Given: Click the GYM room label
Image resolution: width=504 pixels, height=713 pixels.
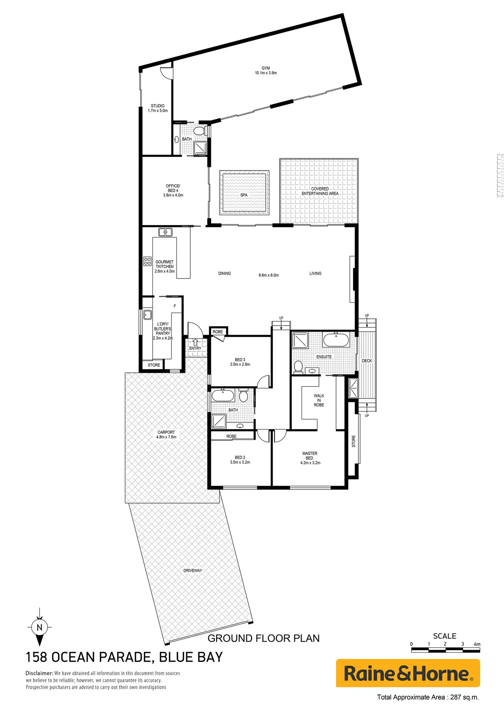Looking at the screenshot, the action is pyautogui.click(x=266, y=68).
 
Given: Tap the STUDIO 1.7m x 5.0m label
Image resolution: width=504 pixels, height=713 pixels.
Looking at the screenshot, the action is pyautogui.click(x=158, y=108).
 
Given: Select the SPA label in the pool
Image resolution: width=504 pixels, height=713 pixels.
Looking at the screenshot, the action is pyautogui.click(x=244, y=195).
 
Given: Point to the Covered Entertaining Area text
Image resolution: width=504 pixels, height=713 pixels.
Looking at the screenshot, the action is pyautogui.click(x=320, y=191).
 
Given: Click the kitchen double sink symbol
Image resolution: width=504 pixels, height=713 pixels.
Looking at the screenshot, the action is pyautogui.click(x=165, y=232).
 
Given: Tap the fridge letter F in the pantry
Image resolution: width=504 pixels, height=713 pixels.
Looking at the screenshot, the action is pyautogui.click(x=175, y=306).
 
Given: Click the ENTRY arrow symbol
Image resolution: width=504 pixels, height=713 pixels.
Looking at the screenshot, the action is pyautogui.click(x=195, y=342).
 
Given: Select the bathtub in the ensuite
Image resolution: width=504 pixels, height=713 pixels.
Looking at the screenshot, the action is pyautogui.click(x=336, y=340).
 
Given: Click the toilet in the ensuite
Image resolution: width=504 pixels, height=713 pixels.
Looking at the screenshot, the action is pyautogui.click(x=298, y=367).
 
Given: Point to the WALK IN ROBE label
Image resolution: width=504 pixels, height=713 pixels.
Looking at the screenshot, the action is pyautogui.click(x=319, y=400).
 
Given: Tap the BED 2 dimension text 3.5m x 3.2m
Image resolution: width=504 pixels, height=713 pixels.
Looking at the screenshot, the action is pyautogui.click(x=240, y=462).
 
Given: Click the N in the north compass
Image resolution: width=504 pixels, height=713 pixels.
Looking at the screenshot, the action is pyautogui.click(x=39, y=628).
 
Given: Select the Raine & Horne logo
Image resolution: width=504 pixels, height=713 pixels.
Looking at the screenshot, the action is pyautogui.click(x=408, y=673).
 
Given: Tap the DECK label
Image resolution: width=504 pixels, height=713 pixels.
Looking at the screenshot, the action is pyautogui.click(x=367, y=361).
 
